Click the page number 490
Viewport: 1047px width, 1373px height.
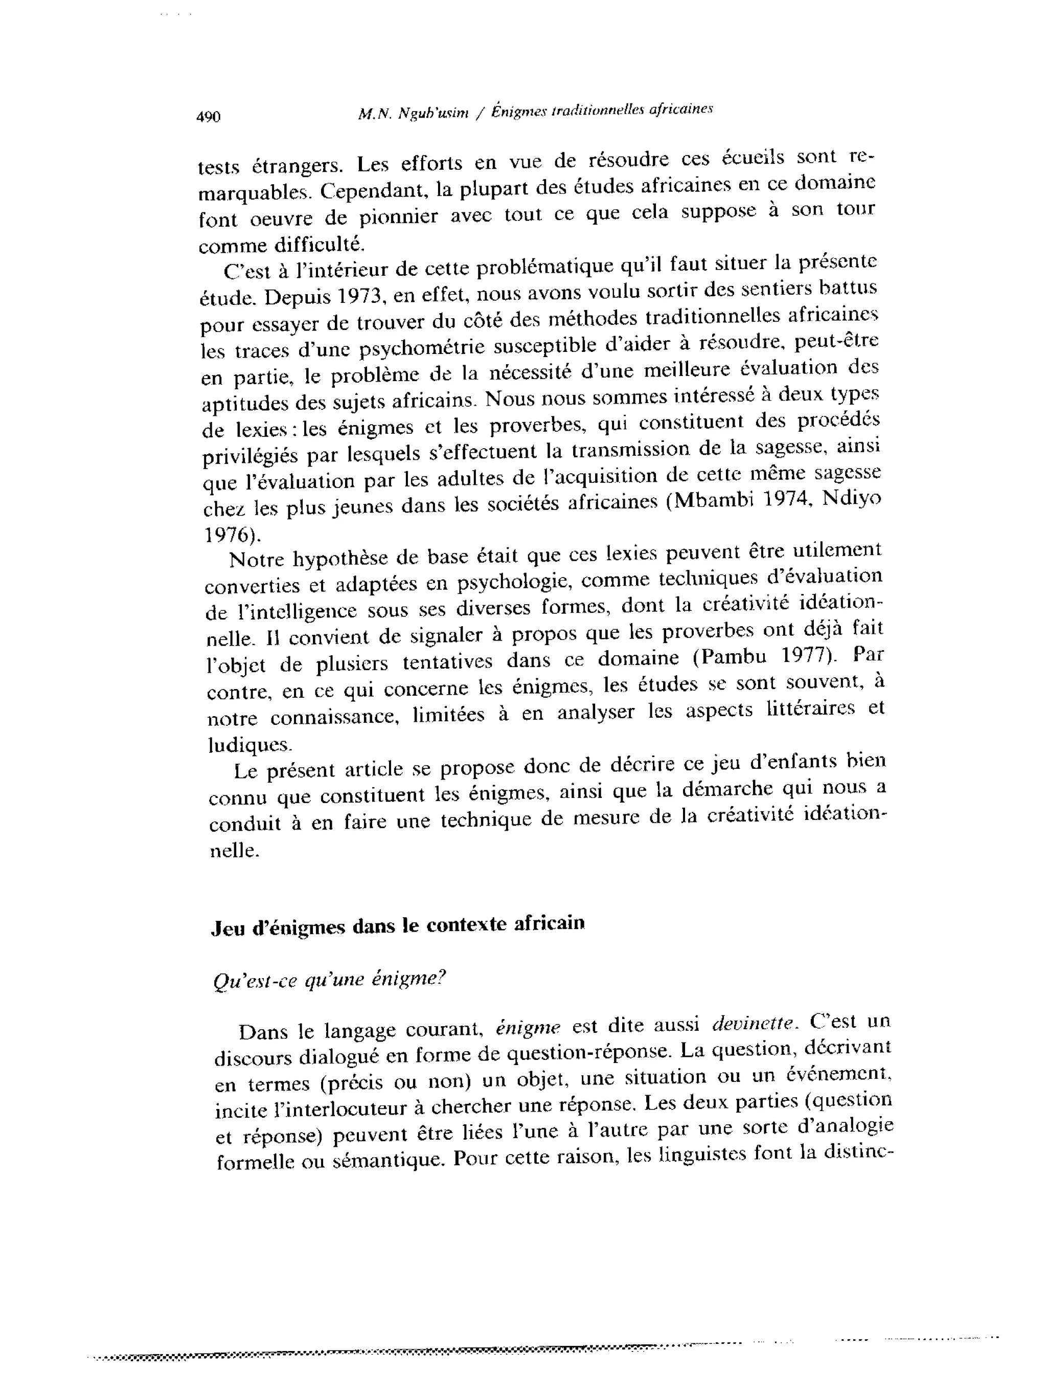click(x=208, y=117)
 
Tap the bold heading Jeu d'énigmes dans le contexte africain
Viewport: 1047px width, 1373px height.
click(x=398, y=926)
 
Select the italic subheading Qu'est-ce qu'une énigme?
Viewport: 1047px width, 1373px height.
click(x=330, y=980)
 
